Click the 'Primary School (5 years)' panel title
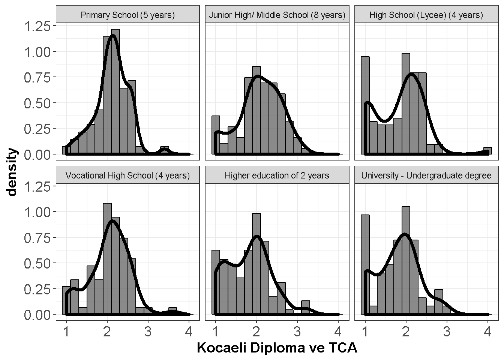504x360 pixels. pyautogui.click(x=127, y=15)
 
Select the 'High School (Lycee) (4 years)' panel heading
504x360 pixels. pyautogui.click(x=426, y=15)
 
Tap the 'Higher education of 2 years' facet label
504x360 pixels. pyautogui.click(x=277, y=175)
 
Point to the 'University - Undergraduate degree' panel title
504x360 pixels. pyautogui.click(x=426, y=175)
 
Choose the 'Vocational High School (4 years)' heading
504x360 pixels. pyautogui.click(x=127, y=175)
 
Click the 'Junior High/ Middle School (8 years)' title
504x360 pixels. pyautogui.click(x=277, y=15)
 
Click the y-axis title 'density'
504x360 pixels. pyautogui.click(x=12, y=172)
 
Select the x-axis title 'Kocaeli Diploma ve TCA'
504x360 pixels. pyautogui.click(x=277, y=348)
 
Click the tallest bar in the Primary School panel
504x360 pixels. pyautogui.click(x=115, y=91)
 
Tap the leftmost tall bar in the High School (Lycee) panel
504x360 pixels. pyautogui.click(x=365, y=105)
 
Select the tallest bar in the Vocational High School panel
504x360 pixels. pyautogui.click(x=107, y=259)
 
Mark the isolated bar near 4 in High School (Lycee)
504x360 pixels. pyautogui.click(x=487, y=151)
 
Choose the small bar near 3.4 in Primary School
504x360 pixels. pyautogui.click(x=164, y=150)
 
